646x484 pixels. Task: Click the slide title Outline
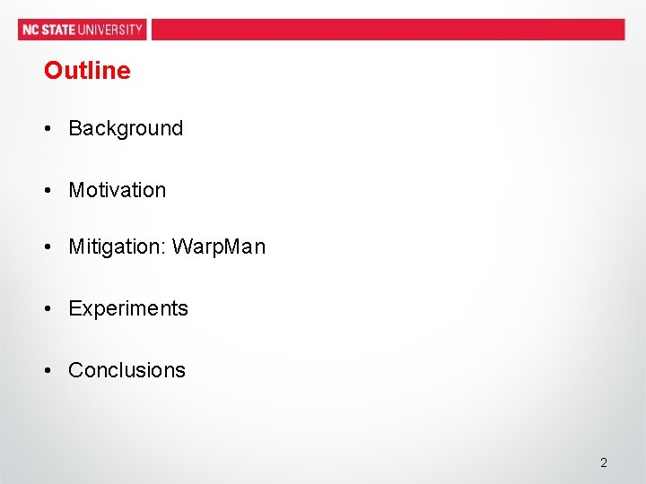(87, 71)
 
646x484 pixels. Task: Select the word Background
(126, 128)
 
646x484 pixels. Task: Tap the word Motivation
(118, 190)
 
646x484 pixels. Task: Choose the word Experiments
(128, 308)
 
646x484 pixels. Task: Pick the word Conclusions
(127, 370)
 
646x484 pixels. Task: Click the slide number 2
(604, 462)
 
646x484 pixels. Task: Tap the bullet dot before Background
(47, 128)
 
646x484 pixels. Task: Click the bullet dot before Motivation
(47, 190)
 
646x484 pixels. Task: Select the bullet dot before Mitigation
(47, 246)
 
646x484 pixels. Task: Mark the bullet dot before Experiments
(47, 308)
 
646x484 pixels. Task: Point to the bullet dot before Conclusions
(47, 370)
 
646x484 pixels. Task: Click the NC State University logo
(82, 30)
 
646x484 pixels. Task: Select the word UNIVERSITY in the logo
(110, 30)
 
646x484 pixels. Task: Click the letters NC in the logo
(31, 30)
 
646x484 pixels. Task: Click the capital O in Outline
(52, 71)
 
